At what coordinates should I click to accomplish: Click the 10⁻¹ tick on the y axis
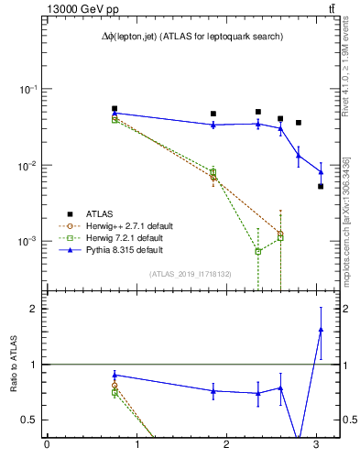pyautogui.click(x=27, y=90)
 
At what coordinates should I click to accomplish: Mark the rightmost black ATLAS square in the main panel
pyautogui.click(x=321, y=186)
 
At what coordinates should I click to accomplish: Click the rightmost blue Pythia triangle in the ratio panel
pyautogui.click(x=321, y=329)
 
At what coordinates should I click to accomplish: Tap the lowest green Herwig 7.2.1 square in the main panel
pyautogui.click(x=258, y=251)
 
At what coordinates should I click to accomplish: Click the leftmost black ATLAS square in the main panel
pyautogui.click(x=115, y=108)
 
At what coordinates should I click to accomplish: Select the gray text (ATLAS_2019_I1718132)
pyautogui.click(x=191, y=273)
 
